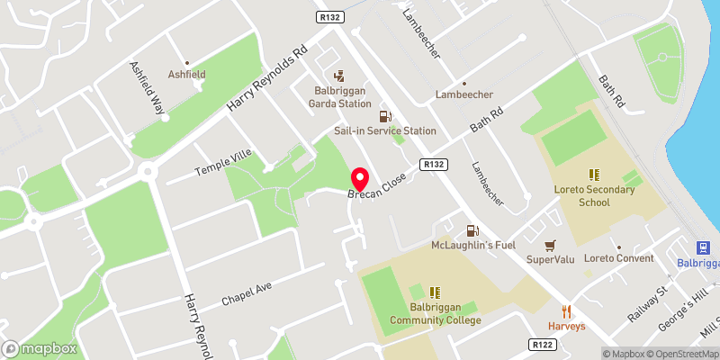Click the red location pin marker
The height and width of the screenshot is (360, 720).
pyautogui.click(x=359, y=178)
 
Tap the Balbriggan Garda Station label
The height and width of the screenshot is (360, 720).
pyautogui.click(x=342, y=97)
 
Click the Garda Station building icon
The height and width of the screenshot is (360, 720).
pyautogui.click(x=339, y=77)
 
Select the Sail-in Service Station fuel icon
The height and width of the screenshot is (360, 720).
pyautogui.click(x=385, y=116)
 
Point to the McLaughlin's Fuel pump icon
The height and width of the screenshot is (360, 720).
pyautogui.click(x=472, y=231)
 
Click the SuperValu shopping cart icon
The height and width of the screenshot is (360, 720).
pyautogui.click(x=551, y=245)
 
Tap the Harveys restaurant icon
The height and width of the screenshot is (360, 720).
pyautogui.click(x=567, y=310)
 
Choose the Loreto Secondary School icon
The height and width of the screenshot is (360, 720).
pyautogui.click(x=594, y=175)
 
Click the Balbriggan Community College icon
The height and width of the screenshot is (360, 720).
pyautogui.click(x=435, y=292)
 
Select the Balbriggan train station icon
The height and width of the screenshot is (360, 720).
pyautogui.click(x=703, y=247)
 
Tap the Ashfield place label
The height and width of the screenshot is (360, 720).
pyautogui.click(x=187, y=74)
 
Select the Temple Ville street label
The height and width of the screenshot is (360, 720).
pyautogui.click(x=223, y=164)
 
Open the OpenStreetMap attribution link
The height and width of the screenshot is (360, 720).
pyautogui.click(x=682, y=354)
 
